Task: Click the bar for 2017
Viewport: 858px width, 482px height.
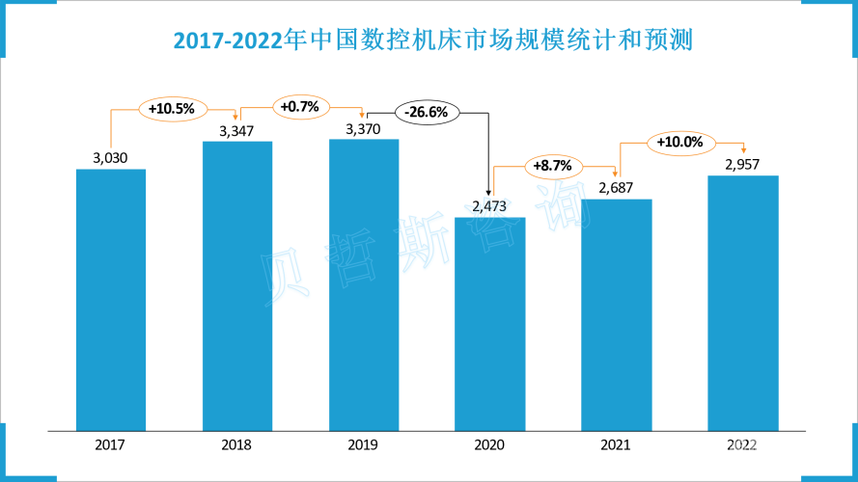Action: coord(111,299)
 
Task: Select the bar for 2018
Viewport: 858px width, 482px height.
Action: coord(237,285)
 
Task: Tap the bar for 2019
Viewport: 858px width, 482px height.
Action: coord(364,284)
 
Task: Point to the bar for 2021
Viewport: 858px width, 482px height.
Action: coord(616,314)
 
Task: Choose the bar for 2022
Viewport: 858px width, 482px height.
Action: coord(742,303)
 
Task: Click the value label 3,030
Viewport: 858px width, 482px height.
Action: coord(111,158)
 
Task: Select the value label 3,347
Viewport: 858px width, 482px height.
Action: coord(237,130)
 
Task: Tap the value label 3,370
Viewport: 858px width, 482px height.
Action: coord(364,128)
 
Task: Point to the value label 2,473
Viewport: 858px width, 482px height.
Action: coord(489,205)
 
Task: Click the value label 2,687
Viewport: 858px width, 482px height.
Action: coord(616,188)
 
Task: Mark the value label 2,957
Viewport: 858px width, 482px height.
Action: coord(742,164)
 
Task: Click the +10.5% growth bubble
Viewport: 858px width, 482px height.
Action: coord(172,109)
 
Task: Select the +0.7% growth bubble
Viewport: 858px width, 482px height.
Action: coord(301,106)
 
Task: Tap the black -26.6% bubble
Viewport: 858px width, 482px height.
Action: coord(427,113)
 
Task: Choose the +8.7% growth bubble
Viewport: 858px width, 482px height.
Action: coord(553,166)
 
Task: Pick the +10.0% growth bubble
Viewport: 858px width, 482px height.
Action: coord(679,143)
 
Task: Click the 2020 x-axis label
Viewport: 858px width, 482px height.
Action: coord(489,445)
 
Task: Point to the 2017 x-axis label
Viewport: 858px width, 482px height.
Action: coord(111,445)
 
